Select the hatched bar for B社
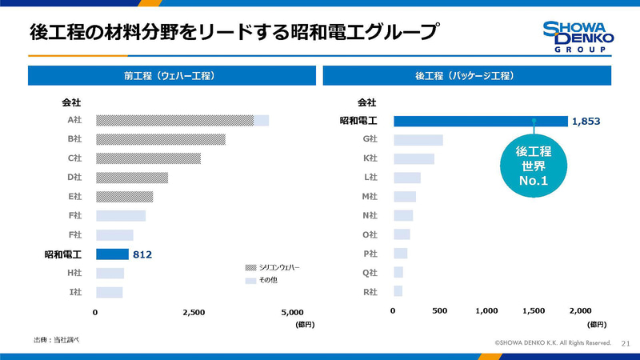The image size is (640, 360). [x=160, y=139]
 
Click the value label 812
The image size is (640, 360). [x=142, y=254]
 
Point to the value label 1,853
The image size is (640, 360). [x=586, y=121]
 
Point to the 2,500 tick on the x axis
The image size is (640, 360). [x=194, y=312]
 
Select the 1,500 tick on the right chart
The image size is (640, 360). [x=534, y=310]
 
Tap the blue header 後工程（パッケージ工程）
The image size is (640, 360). [x=466, y=75]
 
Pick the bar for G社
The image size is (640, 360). [x=418, y=140]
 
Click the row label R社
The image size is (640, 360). [x=370, y=291]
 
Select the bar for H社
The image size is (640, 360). [x=110, y=274]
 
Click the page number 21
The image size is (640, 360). [x=626, y=343]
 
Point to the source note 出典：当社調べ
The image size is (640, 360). [x=56, y=340]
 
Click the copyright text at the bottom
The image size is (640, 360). [x=553, y=343]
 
